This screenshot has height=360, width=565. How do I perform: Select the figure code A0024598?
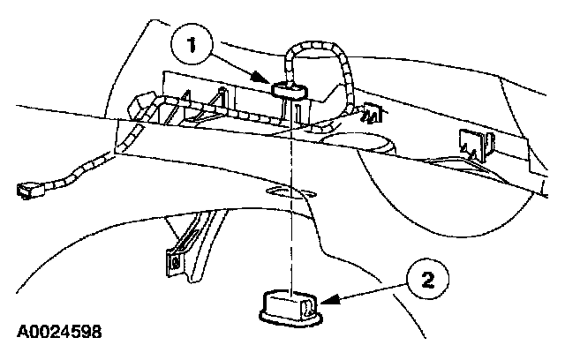58,332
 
